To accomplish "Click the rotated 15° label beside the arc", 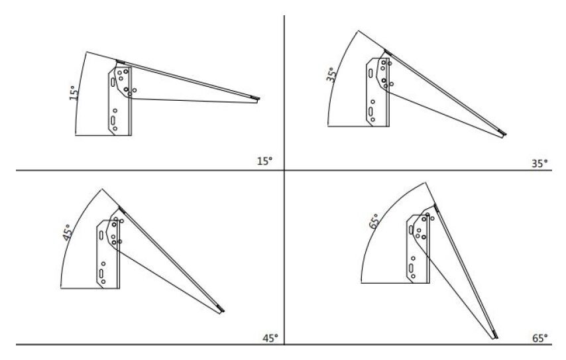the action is pos(74,93).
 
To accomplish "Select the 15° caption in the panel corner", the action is pos(264,161).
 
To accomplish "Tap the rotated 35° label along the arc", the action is pos(331,75).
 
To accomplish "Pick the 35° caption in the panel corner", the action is pos(539,164).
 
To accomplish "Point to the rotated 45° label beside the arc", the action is pos(68,233).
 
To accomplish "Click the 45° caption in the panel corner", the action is pos(270,338).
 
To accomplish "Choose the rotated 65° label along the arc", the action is pos(374,221).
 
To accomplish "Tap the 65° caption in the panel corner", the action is pos(540,338).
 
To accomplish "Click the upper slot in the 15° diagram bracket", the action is pos(113,82).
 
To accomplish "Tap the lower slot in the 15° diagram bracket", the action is pos(113,120).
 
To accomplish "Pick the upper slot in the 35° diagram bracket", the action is pos(370,73).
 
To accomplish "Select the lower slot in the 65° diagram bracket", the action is pos(411,268).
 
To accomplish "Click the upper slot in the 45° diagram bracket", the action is pos(101,235).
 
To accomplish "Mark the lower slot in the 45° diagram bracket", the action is pos(101,273).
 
